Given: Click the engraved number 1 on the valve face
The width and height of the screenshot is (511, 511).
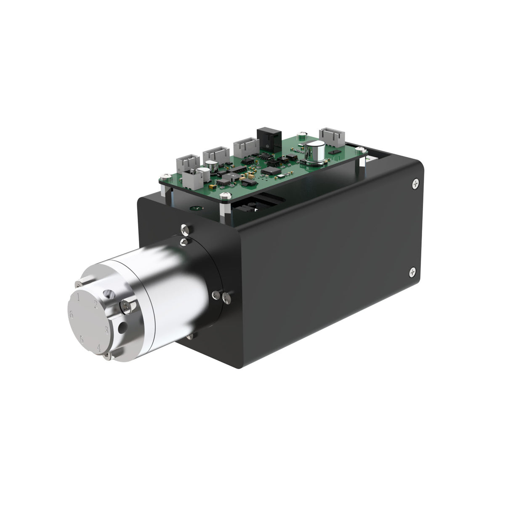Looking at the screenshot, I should [79, 297].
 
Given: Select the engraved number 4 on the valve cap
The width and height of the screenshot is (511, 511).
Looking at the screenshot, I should [98, 347].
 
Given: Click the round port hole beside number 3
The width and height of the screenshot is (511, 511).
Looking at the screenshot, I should [122, 327].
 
